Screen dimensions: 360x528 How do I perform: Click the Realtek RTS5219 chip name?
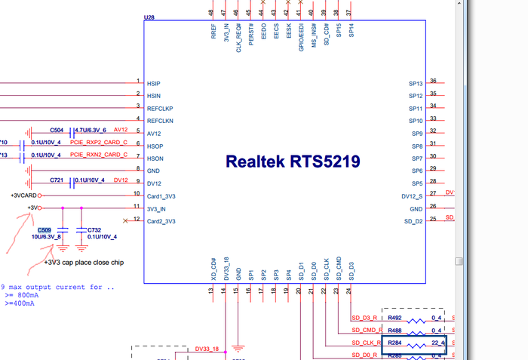coord(293,162)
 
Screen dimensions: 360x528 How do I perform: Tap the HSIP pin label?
coord(154,83)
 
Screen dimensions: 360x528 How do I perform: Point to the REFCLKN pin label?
coord(160,121)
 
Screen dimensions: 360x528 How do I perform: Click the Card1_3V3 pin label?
coord(161,196)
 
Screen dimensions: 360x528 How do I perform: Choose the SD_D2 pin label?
coord(413,221)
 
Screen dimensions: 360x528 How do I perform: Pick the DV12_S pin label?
coord(411,196)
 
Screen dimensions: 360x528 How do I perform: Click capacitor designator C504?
coord(57,130)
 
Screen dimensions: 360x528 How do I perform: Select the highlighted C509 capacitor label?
coord(45,229)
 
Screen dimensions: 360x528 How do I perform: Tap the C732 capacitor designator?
coord(94,229)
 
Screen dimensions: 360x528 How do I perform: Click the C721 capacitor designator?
coord(57,180)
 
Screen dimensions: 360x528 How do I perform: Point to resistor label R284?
coord(394,343)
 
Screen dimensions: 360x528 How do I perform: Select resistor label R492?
coord(394,318)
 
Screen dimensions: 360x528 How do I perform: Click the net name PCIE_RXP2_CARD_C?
coord(99,143)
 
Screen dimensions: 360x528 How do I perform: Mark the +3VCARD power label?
coord(23,195)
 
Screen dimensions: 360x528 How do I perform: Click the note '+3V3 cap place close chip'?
coord(84,263)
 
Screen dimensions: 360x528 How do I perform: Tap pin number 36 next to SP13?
coord(433,81)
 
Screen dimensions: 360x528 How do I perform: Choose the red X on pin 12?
coord(125,220)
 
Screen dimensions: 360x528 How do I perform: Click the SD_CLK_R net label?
coord(365,343)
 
